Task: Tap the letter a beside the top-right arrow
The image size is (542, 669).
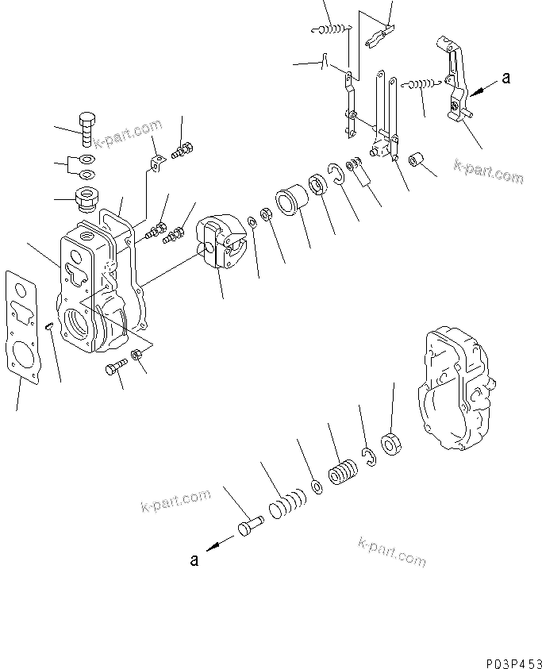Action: pos(507,78)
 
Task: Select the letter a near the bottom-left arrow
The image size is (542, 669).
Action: pos(194,559)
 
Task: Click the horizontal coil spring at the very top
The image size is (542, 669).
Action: pos(333,29)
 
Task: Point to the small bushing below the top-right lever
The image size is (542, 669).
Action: pos(418,163)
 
